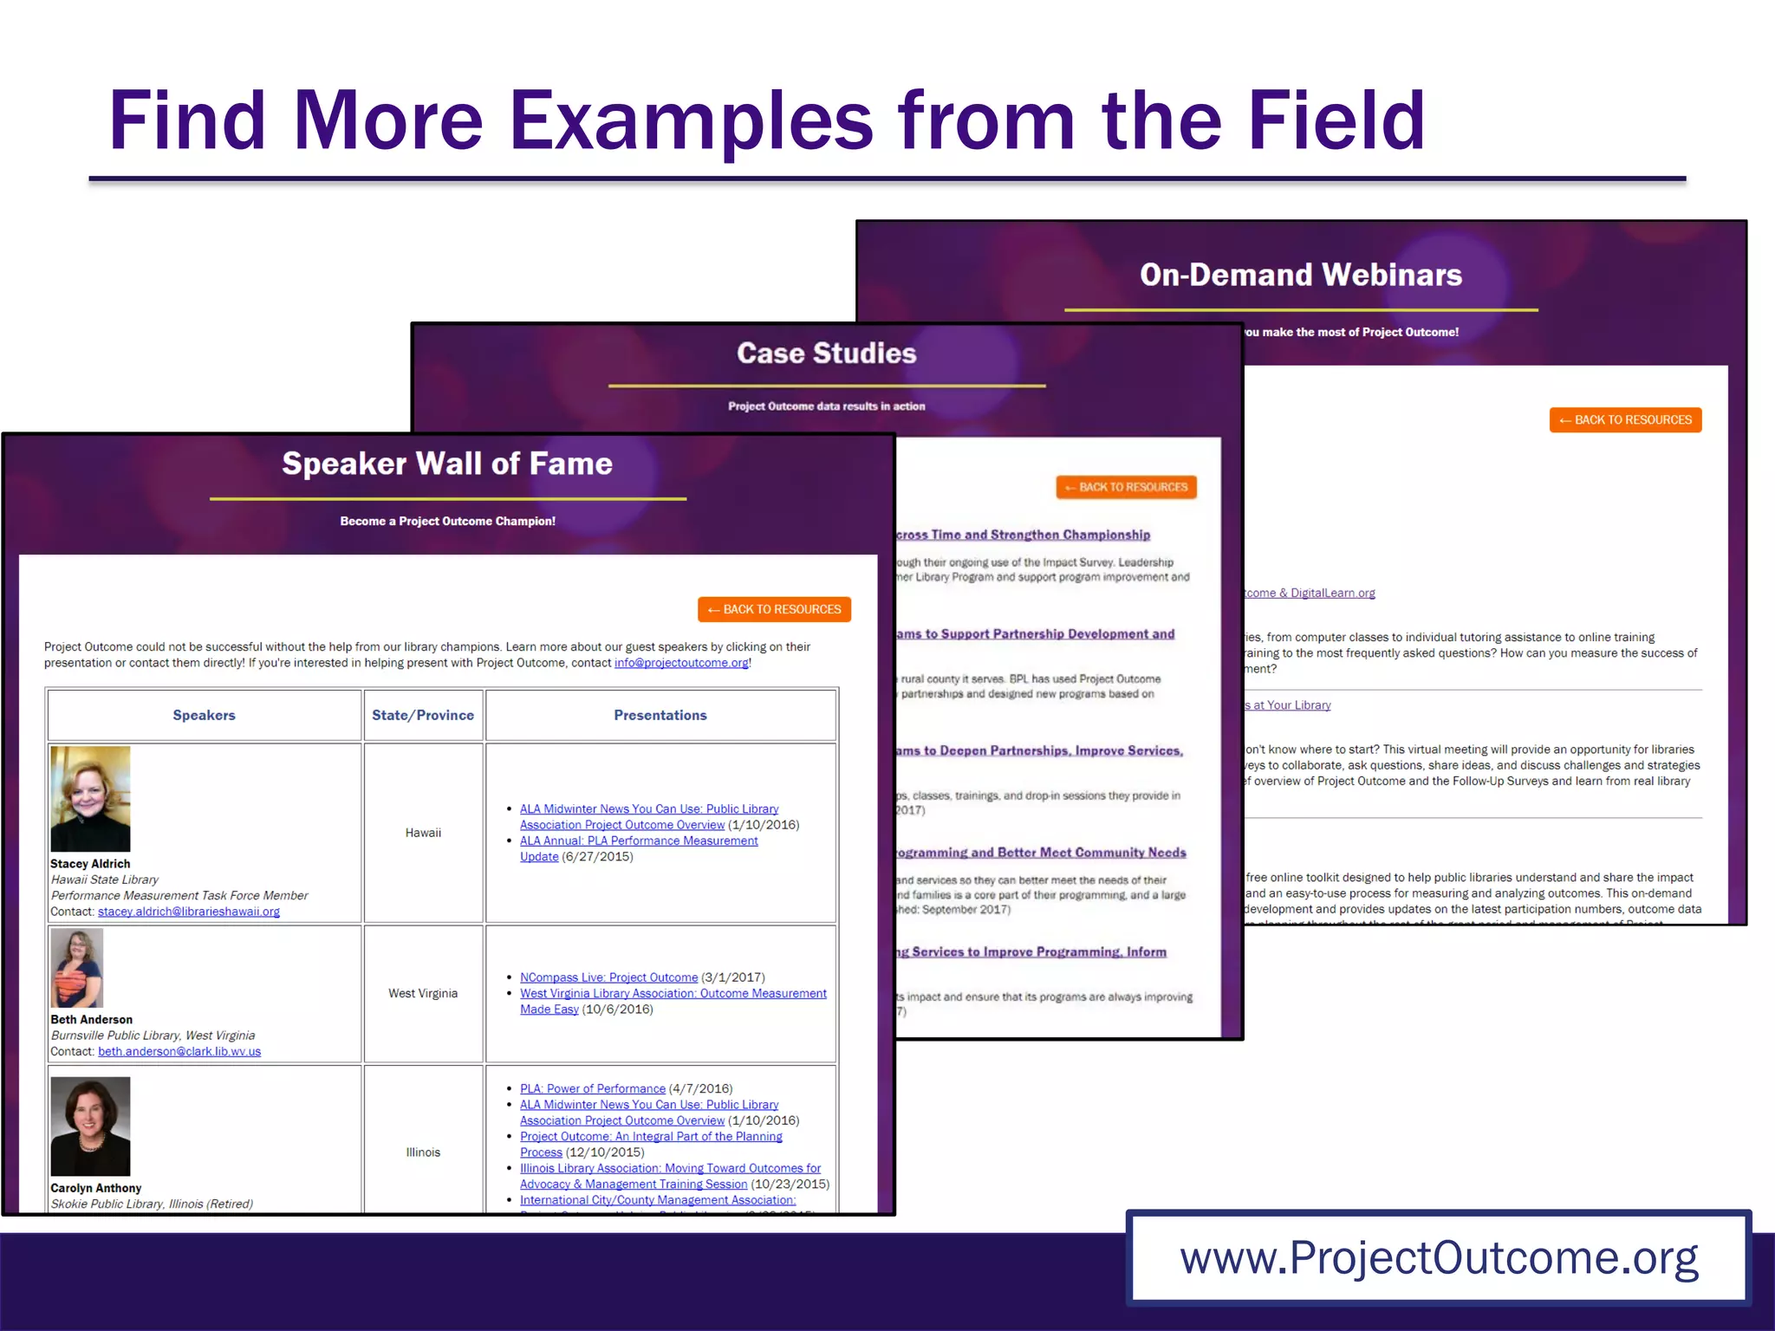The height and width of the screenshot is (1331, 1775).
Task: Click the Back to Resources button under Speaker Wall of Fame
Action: (x=774, y=609)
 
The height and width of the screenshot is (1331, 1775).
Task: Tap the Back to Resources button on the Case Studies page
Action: (x=1126, y=487)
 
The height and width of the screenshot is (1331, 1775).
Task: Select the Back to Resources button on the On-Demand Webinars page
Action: (x=1625, y=420)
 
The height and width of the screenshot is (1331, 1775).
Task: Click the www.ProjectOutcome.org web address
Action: (x=1439, y=1257)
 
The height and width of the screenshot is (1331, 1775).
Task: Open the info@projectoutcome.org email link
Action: (x=681, y=663)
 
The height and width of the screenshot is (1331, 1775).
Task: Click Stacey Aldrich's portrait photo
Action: (x=90, y=798)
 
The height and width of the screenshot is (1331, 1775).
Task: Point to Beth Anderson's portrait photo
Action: (x=77, y=968)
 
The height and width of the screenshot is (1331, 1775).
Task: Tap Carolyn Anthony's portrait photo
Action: (x=90, y=1126)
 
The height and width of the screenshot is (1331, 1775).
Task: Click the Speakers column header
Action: (x=204, y=715)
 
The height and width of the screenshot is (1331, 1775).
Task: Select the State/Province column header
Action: (x=423, y=715)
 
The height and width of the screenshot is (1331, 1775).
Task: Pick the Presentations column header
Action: (x=660, y=715)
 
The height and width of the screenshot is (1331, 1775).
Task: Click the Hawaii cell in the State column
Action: (x=423, y=833)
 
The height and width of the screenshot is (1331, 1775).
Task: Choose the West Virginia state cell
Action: (x=423, y=993)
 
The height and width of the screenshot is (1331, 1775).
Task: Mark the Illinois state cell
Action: (x=423, y=1152)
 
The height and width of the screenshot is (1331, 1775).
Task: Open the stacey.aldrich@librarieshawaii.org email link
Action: (x=189, y=912)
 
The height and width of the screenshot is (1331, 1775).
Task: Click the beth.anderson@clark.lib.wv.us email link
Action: (x=179, y=1051)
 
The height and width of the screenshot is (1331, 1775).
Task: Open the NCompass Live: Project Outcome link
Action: (x=608, y=977)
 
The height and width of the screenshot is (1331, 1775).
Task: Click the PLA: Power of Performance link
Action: (x=593, y=1088)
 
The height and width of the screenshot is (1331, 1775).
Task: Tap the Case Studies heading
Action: (x=826, y=353)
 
